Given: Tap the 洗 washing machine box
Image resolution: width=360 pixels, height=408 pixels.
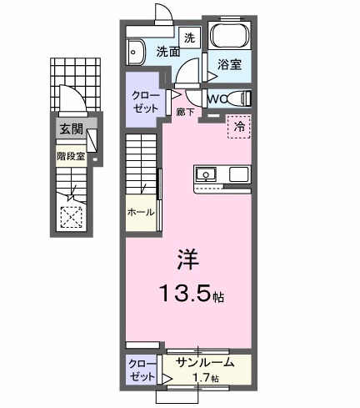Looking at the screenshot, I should [189, 37].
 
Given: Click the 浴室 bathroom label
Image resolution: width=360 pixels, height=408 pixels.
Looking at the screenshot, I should [229, 63].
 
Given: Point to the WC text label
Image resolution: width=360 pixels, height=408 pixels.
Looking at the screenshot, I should [216, 98].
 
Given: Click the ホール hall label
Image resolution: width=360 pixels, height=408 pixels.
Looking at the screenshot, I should [140, 213].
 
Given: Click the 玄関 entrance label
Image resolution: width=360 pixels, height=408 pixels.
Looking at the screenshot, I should [69, 128].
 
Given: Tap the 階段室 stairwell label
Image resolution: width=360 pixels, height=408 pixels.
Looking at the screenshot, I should [70, 155].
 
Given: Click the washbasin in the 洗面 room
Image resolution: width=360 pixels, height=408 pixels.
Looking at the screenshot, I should [136, 53].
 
